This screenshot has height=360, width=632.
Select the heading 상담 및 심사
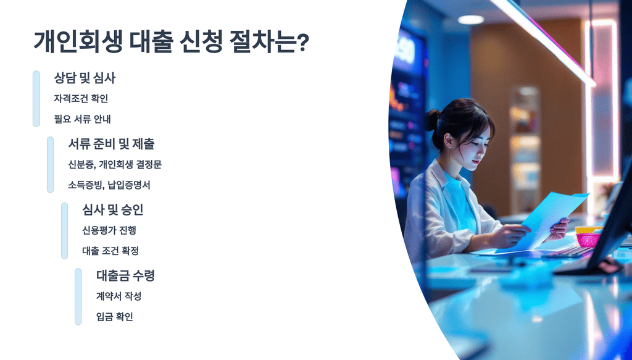[85, 78]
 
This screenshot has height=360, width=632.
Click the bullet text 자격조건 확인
[81, 98]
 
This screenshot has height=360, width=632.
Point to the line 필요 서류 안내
[82, 119]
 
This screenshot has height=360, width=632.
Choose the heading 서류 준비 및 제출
[111, 144]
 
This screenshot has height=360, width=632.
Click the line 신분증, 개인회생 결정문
[115, 164]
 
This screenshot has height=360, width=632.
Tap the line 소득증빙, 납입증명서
[109, 185]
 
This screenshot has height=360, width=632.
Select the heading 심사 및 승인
[112, 210]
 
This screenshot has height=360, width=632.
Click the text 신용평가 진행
[109, 230]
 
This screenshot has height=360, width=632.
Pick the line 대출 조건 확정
[110, 251]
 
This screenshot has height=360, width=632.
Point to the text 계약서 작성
[118, 296]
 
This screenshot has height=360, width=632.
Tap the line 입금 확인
[114, 317]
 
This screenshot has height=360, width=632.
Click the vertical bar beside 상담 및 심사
[36, 99]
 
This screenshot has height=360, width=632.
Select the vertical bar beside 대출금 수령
[78, 296]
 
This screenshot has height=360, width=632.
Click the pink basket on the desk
[588, 239]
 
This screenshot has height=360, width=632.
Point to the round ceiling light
[470, 20]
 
